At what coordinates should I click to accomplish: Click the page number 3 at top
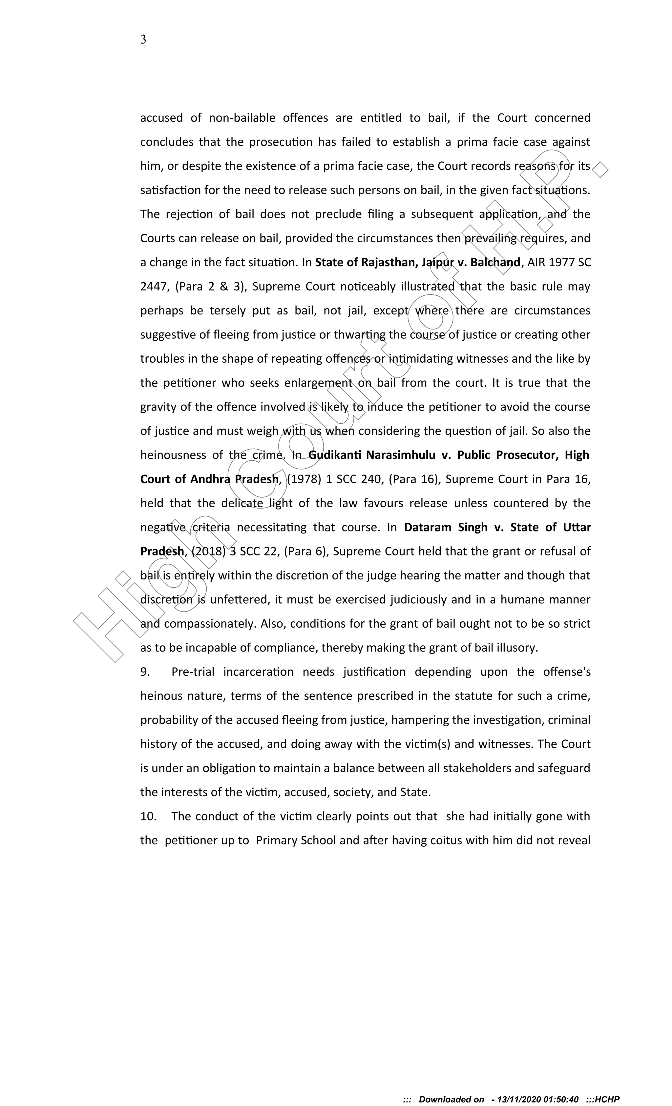pyautogui.click(x=143, y=39)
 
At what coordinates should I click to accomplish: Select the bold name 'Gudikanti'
pyautogui.click(x=335, y=455)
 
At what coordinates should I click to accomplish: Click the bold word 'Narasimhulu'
pyautogui.click(x=401, y=455)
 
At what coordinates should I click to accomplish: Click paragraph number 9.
pyautogui.click(x=145, y=672)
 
